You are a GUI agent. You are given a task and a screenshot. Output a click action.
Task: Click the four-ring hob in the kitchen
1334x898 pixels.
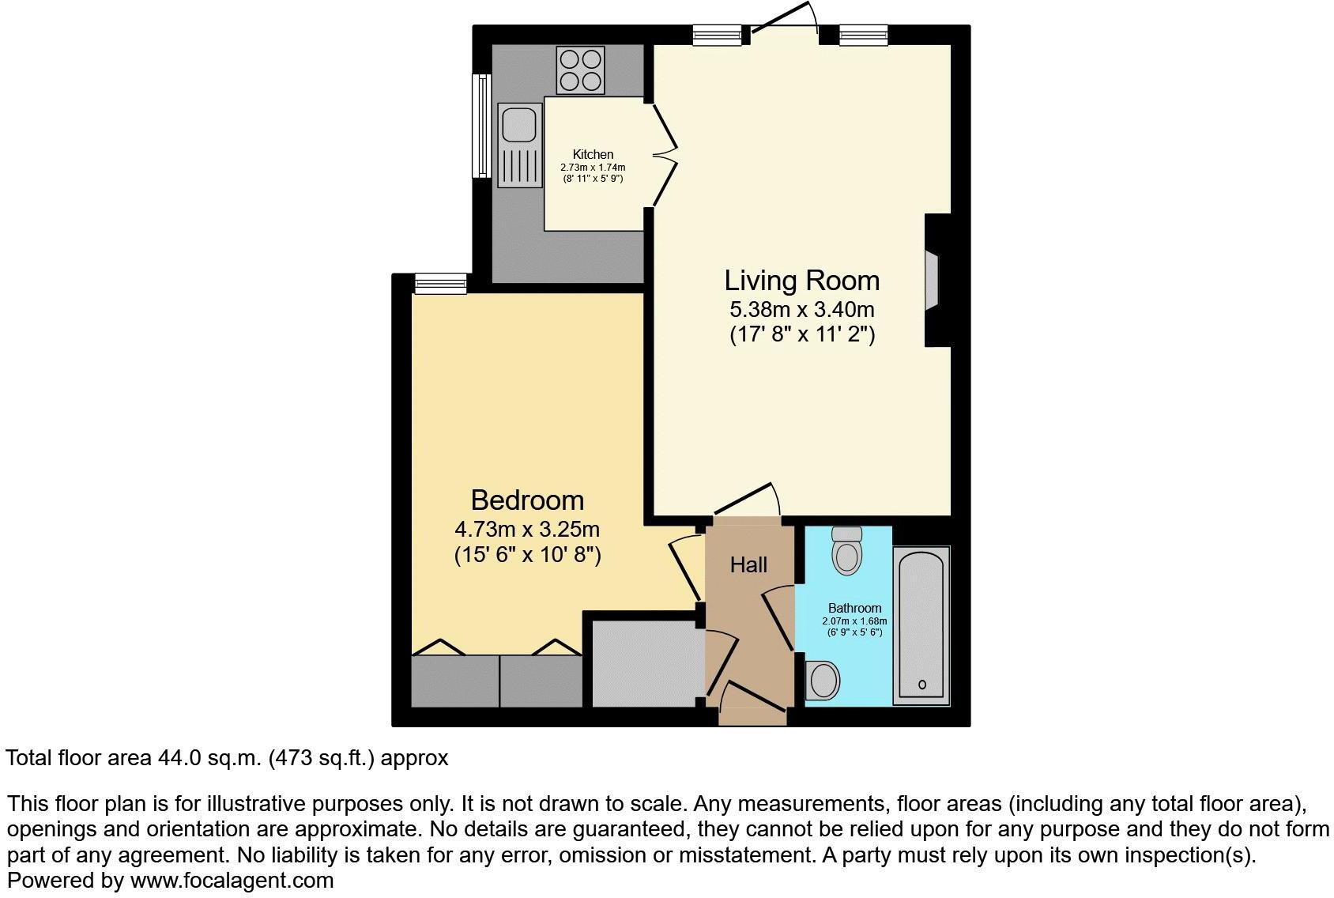(581, 70)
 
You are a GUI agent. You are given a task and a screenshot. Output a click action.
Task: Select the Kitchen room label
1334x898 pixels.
(593, 155)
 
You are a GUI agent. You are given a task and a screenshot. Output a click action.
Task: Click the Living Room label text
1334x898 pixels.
(801, 281)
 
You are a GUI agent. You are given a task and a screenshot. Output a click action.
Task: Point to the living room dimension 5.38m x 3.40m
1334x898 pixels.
(801, 309)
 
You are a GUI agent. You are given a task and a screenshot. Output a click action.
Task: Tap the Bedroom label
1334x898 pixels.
(527, 500)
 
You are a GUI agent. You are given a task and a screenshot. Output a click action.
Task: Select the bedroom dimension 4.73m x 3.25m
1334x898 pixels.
(527, 529)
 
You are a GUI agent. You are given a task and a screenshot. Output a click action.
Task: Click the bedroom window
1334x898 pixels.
(441, 283)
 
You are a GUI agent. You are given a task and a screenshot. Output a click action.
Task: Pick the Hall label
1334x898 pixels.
(748, 565)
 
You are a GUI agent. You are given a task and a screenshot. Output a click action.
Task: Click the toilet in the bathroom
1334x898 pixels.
(847, 551)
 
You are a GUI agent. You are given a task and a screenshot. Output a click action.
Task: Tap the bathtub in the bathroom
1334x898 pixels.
(921, 624)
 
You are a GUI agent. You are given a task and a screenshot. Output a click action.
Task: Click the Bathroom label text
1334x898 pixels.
(854, 609)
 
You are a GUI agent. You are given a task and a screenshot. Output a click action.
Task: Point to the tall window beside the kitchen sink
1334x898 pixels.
(480, 126)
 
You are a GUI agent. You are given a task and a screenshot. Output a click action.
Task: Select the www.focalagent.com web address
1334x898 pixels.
(232, 881)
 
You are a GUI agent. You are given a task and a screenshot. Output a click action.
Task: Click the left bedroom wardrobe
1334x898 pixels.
(455, 681)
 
